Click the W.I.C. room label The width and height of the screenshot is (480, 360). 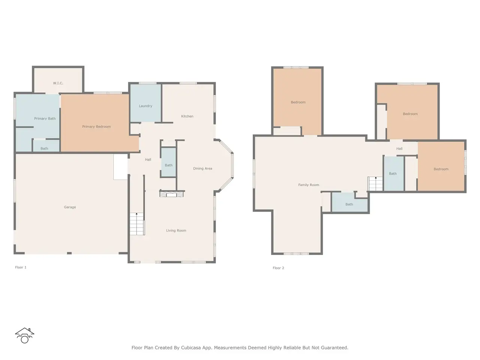pyautogui.click(x=58, y=83)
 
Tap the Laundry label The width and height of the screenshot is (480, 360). pyautogui.click(x=145, y=106)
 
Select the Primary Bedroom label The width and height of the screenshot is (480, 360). pyautogui.click(x=96, y=126)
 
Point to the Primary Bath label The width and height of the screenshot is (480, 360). pyautogui.click(x=45, y=118)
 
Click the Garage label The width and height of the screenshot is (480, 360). pyautogui.click(x=70, y=207)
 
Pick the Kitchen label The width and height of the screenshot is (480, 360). pyautogui.click(x=187, y=116)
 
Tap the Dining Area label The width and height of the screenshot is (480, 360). pyautogui.click(x=202, y=168)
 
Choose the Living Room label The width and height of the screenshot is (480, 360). pyautogui.click(x=176, y=230)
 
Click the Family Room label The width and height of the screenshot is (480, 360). pyautogui.click(x=309, y=185)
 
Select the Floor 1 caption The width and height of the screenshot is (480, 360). pyautogui.click(x=21, y=267)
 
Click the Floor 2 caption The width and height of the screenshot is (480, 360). pyautogui.click(x=278, y=268)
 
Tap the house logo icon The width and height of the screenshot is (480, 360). pyautogui.click(x=24, y=336)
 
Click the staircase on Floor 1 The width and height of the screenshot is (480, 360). pyautogui.click(x=137, y=224)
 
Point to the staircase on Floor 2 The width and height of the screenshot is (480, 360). pyautogui.click(x=375, y=184)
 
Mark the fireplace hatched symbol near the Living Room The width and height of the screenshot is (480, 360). pyautogui.click(x=171, y=194)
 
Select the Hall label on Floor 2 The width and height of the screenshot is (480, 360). pyautogui.click(x=399, y=148)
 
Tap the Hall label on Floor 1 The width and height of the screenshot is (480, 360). pyautogui.click(x=148, y=160)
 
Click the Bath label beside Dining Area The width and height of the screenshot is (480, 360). pyautogui.click(x=169, y=165)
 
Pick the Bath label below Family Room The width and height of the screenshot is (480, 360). pyautogui.click(x=349, y=204)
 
